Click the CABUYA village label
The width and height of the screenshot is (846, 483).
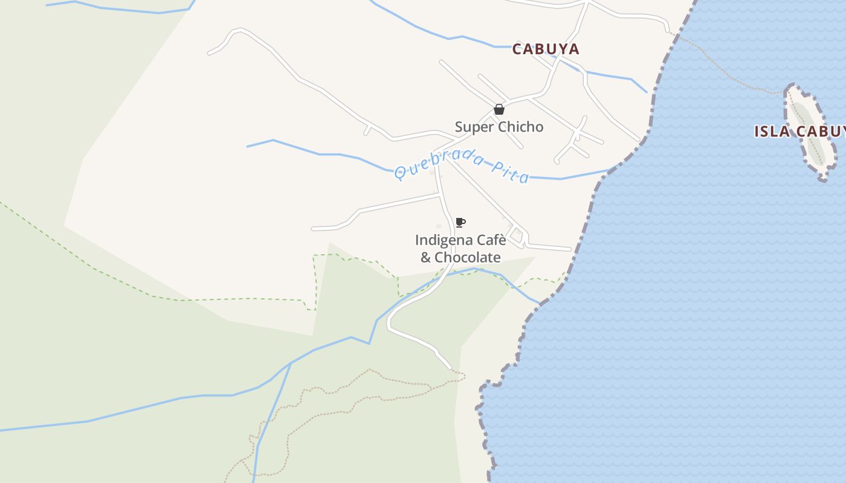(x=546, y=50)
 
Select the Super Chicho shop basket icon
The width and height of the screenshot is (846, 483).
(x=499, y=109)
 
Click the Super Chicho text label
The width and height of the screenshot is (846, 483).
(x=499, y=127)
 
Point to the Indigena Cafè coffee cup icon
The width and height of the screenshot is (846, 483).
(x=460, y=222)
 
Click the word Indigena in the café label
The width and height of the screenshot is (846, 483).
(x=439, y=240)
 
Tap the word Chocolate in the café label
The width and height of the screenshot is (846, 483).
(x=468, y=257)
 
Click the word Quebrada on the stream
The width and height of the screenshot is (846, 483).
(x=436, y=163)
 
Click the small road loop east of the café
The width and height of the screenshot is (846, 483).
(x=515, y=234)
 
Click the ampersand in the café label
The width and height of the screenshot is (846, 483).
(x=425, y=257)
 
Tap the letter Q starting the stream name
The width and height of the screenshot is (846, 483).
(x=400, y=173)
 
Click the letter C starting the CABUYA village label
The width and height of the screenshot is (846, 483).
(x=517, y=50)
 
